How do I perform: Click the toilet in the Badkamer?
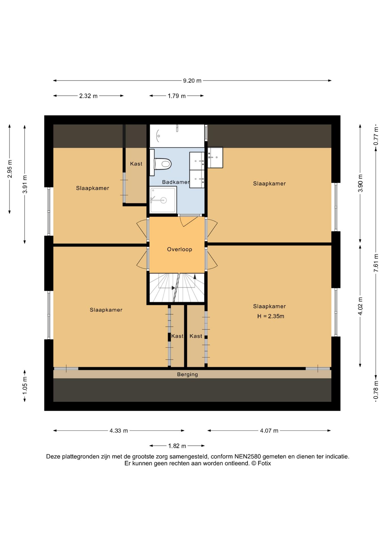[162, 164]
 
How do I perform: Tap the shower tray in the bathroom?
[163, 200]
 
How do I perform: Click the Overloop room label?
[179, 249]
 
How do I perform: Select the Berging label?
[187, 374]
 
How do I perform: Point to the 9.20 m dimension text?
[192, 81]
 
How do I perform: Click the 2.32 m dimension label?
[88, 96]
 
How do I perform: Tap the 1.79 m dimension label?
[177, 96]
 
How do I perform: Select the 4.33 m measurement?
[119, 431]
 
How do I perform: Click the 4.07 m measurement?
[269, 431]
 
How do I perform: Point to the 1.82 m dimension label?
[177, 446]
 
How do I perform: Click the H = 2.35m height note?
[271, 316]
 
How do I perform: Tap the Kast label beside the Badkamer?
[136, 164]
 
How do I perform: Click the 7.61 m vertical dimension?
[376, 263]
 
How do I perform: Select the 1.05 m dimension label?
[25, 385]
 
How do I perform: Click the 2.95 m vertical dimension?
[10, 169]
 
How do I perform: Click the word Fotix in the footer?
[264, 463]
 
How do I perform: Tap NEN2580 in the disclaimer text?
[247, 456]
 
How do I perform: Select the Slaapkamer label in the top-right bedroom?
[269, 184]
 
